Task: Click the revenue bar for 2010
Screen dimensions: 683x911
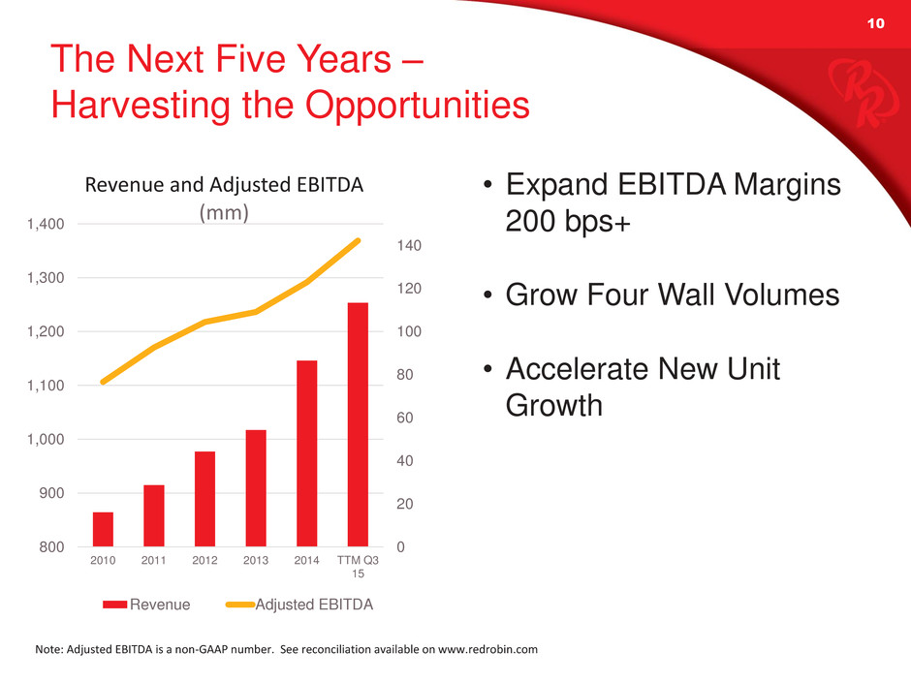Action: click(x=103, y=529)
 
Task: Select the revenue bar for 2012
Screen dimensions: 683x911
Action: click(x=205, y=499)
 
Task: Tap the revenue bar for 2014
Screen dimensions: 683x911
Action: click(x=307, y=453)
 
